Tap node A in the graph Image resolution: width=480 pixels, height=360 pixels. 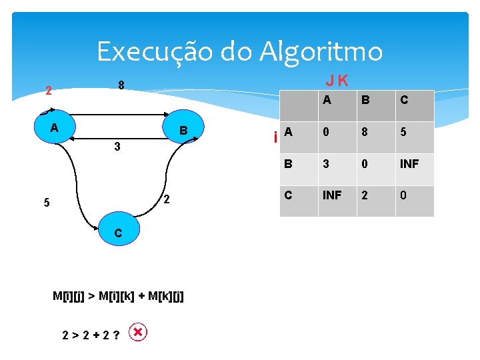click(55, 127)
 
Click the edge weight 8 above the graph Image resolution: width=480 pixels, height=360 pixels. click(121, 85)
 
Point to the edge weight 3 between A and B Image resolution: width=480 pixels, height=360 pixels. click(116, 147)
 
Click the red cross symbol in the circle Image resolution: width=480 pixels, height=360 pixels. click(137, 332)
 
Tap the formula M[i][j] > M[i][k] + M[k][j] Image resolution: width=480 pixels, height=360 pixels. click(118, 295)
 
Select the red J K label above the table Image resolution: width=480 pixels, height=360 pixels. click(337, 81)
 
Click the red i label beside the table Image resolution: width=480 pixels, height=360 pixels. click(275, 138)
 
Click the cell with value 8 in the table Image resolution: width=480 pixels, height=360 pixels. click(365, 132)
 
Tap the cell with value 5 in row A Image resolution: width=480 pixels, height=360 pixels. click(404, 132)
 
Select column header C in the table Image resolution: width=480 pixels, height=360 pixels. click(404, 101)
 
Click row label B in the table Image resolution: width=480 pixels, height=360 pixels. click(289, 163)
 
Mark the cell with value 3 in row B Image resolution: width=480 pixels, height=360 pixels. click(326, 164)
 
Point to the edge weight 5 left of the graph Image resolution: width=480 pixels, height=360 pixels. click(47, 203)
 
